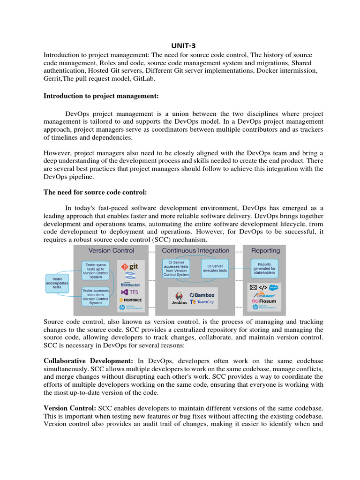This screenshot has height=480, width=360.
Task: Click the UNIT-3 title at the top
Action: click(x=180, y=45)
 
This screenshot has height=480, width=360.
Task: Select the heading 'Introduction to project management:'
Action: click(x=101, y=96)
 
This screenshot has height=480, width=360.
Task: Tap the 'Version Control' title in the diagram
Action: click(x=111, y=251)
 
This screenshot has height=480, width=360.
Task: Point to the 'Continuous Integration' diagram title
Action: click(x=195, y=251)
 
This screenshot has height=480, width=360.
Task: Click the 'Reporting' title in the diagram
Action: click(x=265, y=251)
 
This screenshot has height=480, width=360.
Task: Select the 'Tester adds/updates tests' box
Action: click(x=57, y=284)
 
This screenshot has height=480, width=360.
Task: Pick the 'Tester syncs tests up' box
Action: click(x=95, y=270)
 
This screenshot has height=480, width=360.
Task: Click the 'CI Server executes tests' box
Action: click(x=215, y=268)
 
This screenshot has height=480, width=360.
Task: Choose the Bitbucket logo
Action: click(x=130, y=284)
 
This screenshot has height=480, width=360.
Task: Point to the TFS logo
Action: click(x=130, y=292)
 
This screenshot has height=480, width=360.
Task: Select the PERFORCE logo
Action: click(x=130, y=300)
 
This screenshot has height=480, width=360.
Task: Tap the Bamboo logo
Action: click(x=202, y=295)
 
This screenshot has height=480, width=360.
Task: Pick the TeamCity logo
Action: click(x=202, y=302)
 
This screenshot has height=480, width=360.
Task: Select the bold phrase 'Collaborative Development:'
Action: click(x=88, y=361)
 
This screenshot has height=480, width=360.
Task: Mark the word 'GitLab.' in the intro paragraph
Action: click(x=142, y=79)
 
